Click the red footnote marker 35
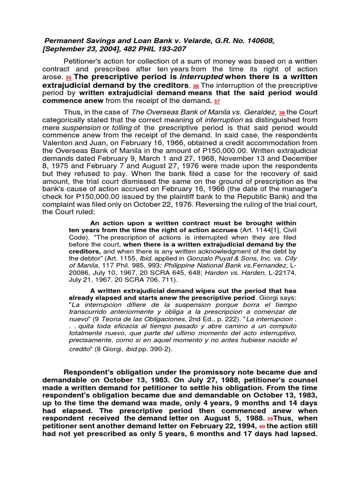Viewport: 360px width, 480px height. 68,78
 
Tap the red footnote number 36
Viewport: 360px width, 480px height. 196,86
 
